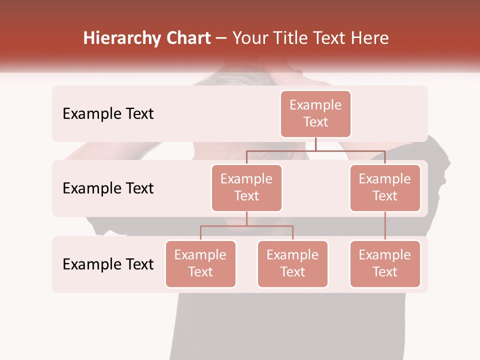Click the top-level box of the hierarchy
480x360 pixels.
(315, 113)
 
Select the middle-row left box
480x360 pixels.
(246, 187)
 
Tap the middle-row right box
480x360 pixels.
(385, 187)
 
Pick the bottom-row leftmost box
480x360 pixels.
(200, 263)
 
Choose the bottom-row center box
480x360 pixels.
(292, 263)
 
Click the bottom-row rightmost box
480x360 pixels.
(385, 263)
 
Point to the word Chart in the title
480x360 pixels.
(188, 38)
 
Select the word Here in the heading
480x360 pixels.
(371, 38)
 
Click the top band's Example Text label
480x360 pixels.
(108, 114)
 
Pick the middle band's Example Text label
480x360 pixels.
(108, 188)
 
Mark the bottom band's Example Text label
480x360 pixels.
(108, 264)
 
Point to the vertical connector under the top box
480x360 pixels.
(315, 144)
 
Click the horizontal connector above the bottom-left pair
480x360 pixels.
(246, 226)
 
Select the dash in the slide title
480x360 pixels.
(221, 38)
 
